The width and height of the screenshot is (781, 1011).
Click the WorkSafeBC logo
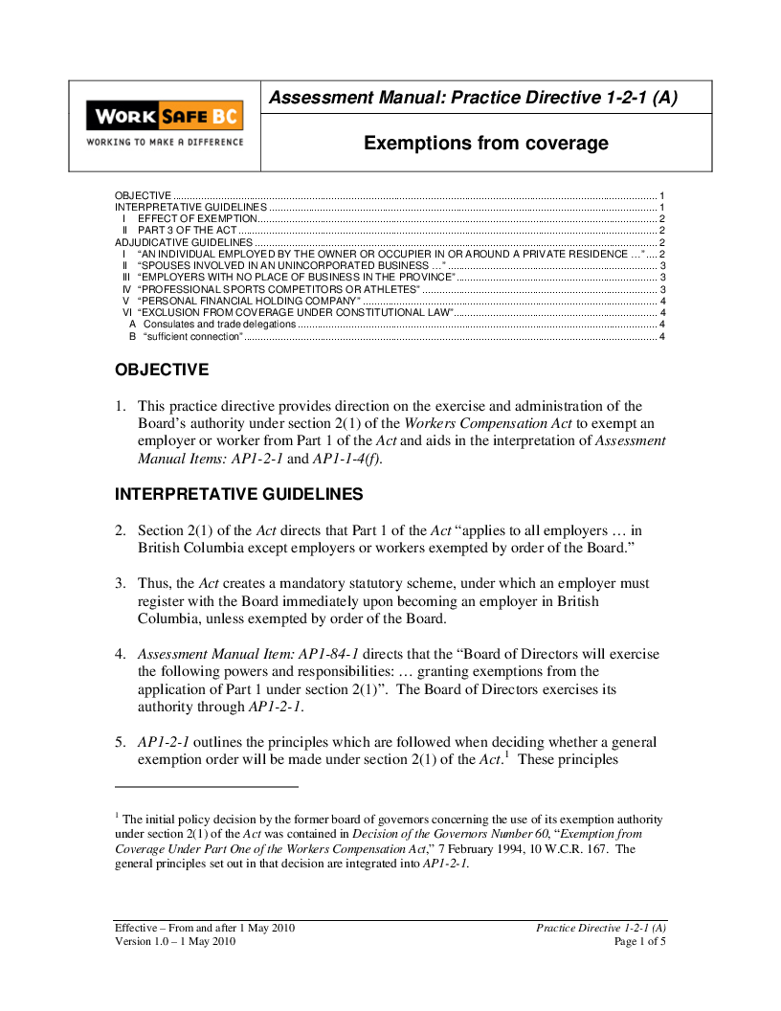pyautogui.click(x=164, y=117)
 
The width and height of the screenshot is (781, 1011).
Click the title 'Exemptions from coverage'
pyautogui.click(x=485, y=144)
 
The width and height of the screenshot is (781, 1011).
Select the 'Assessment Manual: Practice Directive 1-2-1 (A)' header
pyautogui.click(x=473, y=98)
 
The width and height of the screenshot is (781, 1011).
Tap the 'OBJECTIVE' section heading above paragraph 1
pyautogui.click(x=162, y=370)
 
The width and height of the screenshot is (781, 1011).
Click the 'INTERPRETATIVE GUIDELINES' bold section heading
pyautogui.click(x=238, y=494)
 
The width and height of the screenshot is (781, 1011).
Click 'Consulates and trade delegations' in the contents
pyautogui.click(x=219, y=324)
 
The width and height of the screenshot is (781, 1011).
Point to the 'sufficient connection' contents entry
pyautogui.click(x=192, y=336)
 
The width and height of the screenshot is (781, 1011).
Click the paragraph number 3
pyautogui.click(x=121, y=583)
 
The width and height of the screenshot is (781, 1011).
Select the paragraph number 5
pyautogui.click(x=121, y=742)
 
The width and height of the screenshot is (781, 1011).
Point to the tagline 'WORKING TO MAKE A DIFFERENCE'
pyautogui.click(x=165, y=142)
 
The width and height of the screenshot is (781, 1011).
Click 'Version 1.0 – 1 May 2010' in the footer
pyautogui.click(x=175, y=942)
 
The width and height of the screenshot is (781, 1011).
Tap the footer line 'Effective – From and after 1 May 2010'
pyautogui.click(x=206, y=929)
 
